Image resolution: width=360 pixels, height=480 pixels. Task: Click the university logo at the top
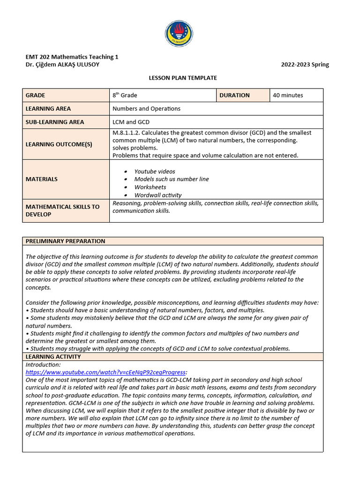[x=179, y=34]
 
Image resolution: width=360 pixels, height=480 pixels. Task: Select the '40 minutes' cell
[x=288, y=95]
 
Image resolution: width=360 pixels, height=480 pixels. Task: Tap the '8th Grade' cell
[x=125, y=95]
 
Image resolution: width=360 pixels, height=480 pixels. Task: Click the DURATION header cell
[x=234, y=95]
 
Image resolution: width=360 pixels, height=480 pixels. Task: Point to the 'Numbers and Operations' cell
[x=146, y=109]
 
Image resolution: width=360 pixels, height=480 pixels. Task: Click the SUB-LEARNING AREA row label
[x=55, y=122]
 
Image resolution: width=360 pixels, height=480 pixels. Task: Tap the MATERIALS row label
[x=42, y=179]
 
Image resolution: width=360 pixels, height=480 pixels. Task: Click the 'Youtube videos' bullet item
[x=154, y=172]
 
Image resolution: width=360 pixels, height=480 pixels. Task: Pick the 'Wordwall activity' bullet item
[x=157, y=195]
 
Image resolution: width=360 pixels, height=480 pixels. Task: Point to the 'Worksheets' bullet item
[x=150, y=187]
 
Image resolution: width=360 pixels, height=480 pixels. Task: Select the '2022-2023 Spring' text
[x=305, y=65]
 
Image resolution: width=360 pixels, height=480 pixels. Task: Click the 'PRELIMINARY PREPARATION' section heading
[x=65, y=241]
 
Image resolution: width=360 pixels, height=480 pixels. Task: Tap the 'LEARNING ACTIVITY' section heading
[x=53, y=357]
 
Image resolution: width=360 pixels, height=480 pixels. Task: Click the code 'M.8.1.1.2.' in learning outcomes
[x=127, y=133]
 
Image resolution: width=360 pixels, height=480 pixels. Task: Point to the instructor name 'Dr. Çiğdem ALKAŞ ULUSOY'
[x=62, y=65]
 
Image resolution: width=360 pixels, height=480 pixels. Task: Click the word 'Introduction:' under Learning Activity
[x=43, y=365]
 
